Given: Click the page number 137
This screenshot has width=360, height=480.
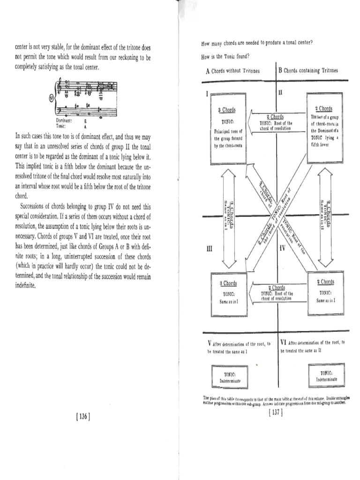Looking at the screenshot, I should (275, 413).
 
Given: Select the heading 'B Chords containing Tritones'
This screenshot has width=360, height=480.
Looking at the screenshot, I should (308, 71).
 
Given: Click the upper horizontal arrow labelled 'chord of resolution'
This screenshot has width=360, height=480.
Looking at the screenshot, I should (276, 123).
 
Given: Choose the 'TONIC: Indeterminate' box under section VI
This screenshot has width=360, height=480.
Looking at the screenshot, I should (326, 375).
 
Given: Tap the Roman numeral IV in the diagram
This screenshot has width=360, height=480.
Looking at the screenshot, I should (282, 247).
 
